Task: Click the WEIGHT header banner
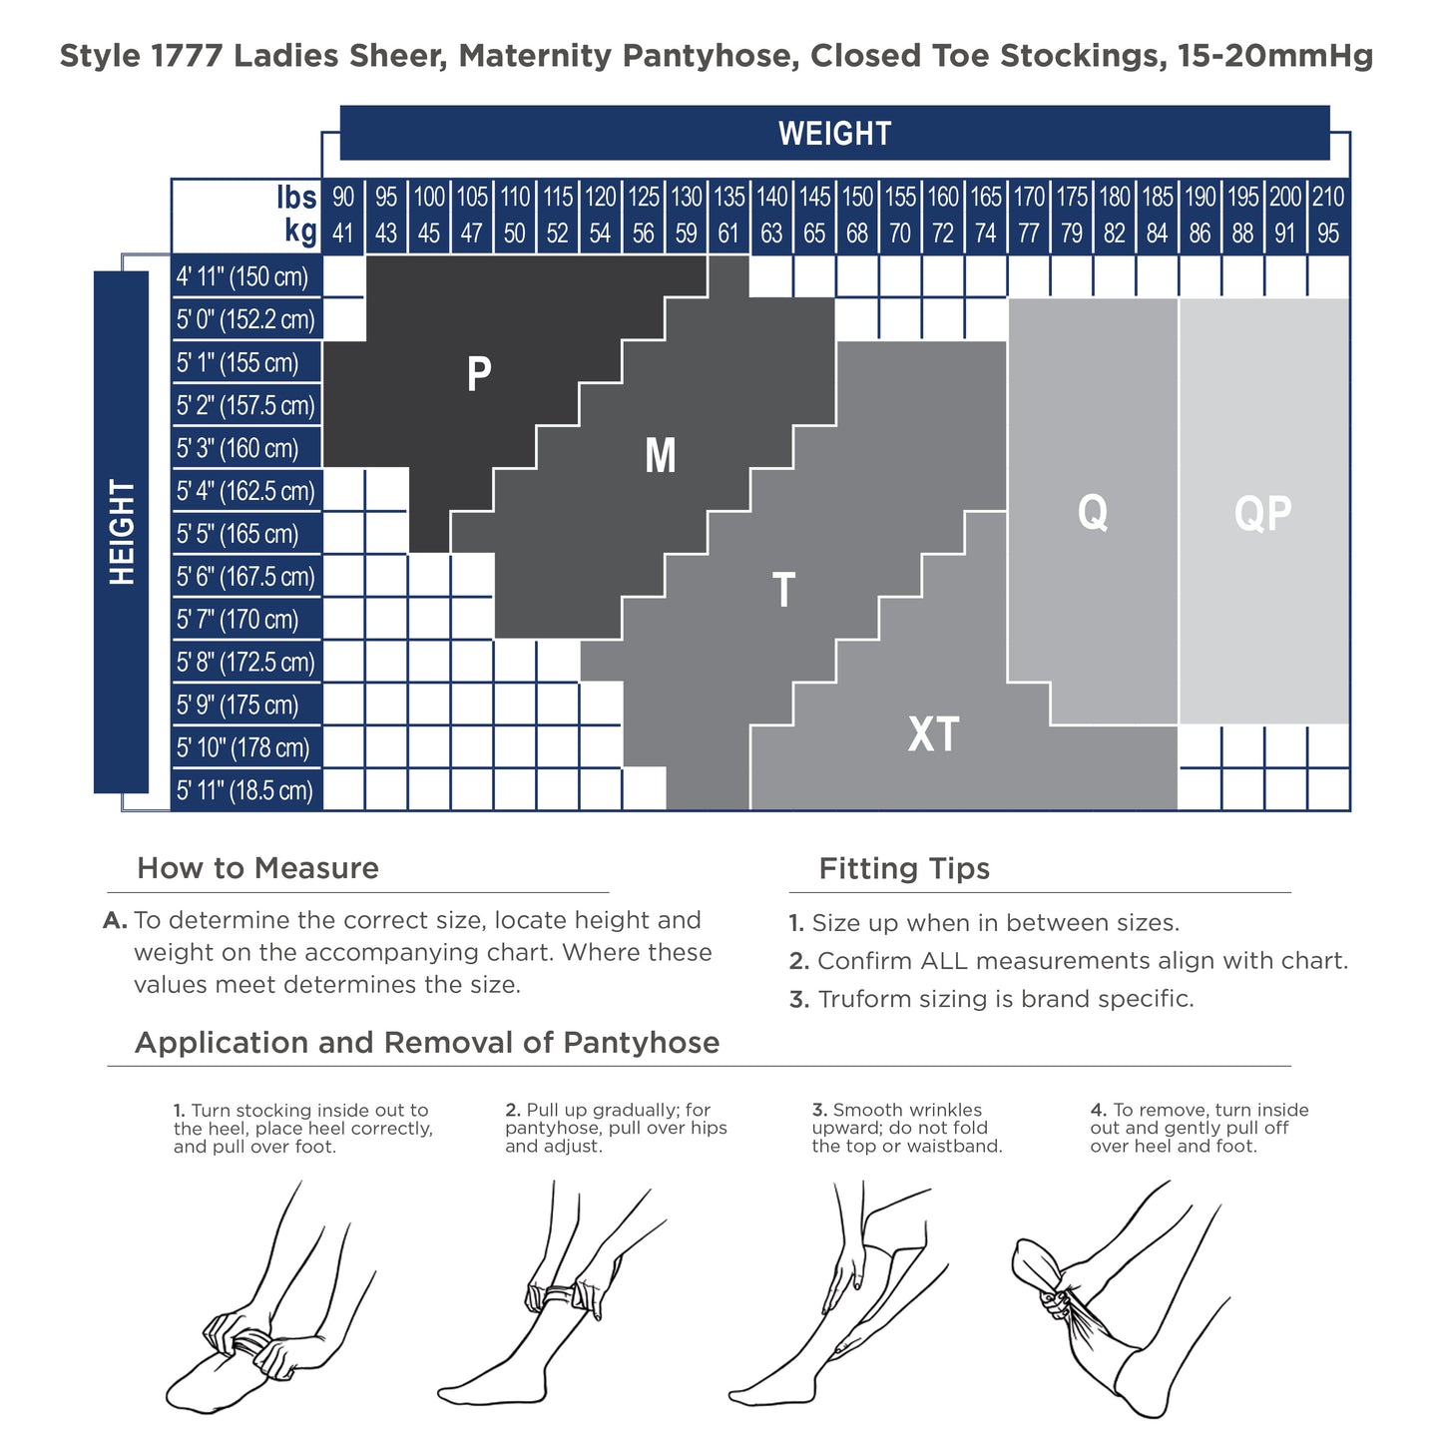coord(833,133)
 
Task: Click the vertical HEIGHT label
coord(121,532)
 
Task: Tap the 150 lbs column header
coord(857,197)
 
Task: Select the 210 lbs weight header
coord(1328,197)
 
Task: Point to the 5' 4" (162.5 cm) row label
coord(245,491)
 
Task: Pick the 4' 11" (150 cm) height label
coord(241,276)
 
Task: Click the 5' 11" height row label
coord(243,790)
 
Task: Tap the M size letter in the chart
coord(660,455)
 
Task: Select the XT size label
coord(933,733)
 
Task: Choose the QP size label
coord(1262,513)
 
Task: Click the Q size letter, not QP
coord(1093,513)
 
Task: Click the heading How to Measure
coord(258,868)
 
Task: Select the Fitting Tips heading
coord(904,869)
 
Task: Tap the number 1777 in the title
coord(187,55)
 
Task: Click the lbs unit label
coord(296,198)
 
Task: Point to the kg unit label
coord(300,232)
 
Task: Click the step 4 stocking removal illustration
coord(1121,1298)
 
